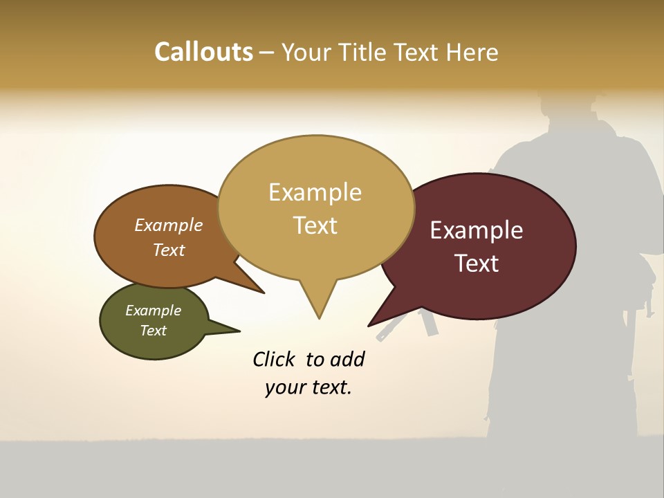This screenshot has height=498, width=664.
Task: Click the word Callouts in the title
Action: click(x=203, y=52)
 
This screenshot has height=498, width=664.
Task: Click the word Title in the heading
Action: click(x=365, y=53)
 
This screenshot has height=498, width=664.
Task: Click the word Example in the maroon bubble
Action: click(x=477, y=230)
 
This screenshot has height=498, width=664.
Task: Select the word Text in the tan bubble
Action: click(x=315, y=225)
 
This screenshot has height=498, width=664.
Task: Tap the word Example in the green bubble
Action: click(x=153, y=311)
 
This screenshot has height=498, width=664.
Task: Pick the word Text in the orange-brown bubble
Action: click(x=169, y=250)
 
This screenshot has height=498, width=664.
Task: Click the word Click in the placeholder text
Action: click(x=274, y=359)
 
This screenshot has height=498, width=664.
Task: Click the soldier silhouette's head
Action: click(x=567, y=111)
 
